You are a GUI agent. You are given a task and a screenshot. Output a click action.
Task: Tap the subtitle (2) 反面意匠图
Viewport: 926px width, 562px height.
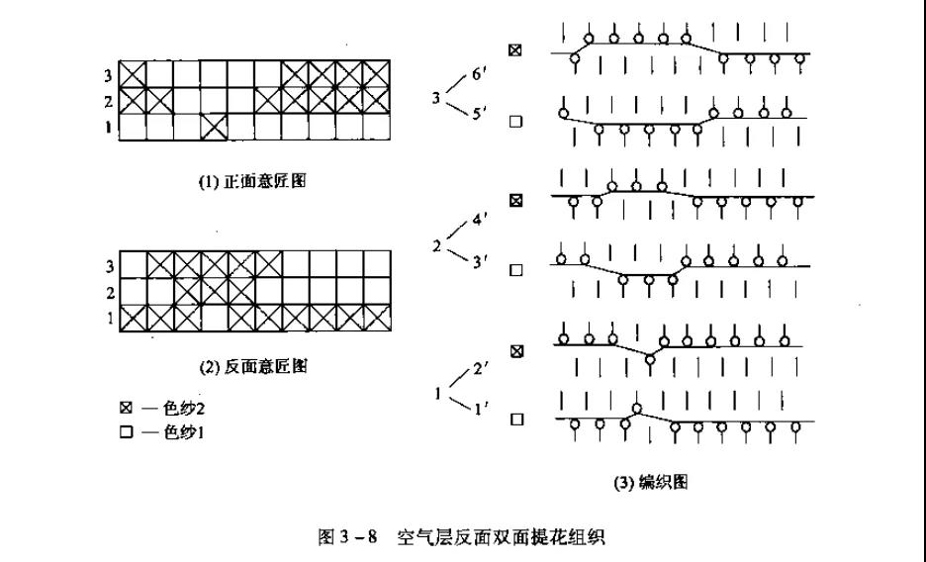coord(252,367)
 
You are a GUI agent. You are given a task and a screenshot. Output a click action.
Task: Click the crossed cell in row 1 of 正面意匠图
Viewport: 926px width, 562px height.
coord(213,127)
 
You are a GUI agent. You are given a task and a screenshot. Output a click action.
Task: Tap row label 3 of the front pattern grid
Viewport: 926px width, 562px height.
coord(110,73)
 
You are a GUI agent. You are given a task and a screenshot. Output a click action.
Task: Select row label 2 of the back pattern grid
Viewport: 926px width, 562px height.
coord(110,293)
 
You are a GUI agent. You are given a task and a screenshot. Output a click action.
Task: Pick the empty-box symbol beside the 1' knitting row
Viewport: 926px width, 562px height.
coord(514,420)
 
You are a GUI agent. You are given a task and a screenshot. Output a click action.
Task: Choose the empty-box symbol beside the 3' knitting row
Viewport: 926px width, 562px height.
coord(514,269)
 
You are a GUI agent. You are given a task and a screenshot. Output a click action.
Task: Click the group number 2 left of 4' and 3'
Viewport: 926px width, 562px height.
coord(436,245)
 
